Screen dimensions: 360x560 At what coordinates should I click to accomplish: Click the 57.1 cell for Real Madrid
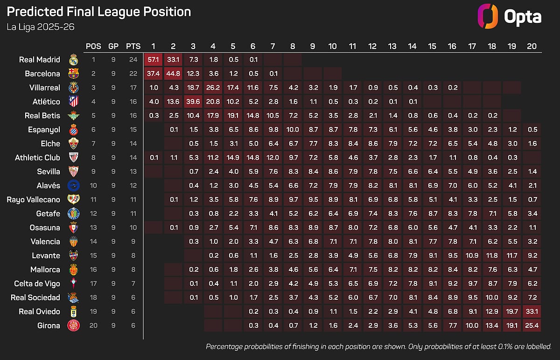(153, 60)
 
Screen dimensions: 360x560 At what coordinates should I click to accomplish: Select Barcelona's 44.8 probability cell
(173, 74)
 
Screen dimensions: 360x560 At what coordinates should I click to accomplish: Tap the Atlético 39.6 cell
(193, 102)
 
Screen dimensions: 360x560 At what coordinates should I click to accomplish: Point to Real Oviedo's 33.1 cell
(532, 311)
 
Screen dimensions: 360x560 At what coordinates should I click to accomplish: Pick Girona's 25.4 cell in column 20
(532, 325)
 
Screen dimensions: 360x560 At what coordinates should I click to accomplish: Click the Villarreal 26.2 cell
(213, 88)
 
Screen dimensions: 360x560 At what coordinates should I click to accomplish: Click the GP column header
(113, 46)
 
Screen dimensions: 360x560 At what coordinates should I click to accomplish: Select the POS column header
(93, 46)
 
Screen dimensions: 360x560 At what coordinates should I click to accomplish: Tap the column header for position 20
(532, 46)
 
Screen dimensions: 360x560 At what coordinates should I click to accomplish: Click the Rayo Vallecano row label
(33, 199)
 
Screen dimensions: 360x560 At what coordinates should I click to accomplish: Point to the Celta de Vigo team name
(37, 283)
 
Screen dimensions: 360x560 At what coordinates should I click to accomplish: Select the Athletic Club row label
(37, 157)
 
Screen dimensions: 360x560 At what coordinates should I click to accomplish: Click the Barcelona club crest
(73, 74)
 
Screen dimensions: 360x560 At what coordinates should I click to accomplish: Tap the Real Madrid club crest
(73, 60)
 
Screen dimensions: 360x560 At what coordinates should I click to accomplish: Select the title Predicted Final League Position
(99, 12)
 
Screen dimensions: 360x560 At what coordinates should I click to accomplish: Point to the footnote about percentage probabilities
(378, 346)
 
